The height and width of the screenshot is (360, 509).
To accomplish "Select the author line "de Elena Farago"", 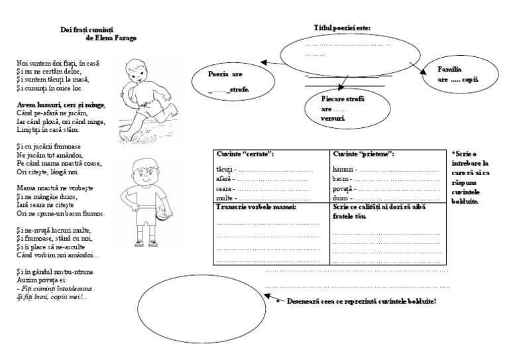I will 112,38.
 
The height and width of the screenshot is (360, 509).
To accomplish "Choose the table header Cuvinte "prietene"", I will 364,154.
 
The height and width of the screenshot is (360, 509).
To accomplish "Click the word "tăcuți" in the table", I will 225,170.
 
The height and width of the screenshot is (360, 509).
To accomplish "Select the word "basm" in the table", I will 340,180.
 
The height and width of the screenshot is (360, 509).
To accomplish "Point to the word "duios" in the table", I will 341,198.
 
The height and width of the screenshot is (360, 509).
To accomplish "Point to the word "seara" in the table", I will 224,188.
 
